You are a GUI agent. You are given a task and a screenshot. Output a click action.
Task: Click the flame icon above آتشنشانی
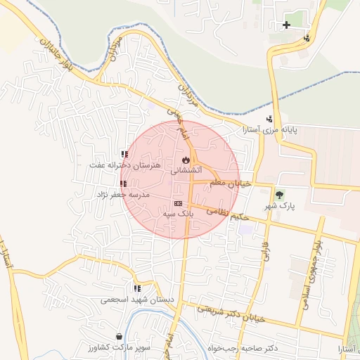point(186,160)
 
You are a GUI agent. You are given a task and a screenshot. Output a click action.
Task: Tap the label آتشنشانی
point(186,170)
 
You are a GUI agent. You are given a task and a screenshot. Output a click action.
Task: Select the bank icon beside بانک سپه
point(177,203)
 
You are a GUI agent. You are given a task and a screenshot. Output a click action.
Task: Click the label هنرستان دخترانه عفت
point(125,165)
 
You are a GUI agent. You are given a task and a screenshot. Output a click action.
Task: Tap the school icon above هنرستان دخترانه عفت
point(124,154)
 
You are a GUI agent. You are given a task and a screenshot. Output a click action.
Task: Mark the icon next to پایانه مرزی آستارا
point(269,119)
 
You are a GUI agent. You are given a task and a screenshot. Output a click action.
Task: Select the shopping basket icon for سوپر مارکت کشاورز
point(120,337)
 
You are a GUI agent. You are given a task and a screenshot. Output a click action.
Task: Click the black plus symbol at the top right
point(286,25)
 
